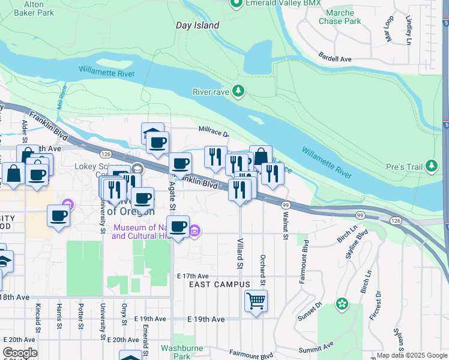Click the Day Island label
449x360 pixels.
[x=197, y=25]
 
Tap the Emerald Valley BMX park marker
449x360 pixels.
[x=236, y=4]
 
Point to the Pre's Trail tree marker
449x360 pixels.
[x=432, y=166]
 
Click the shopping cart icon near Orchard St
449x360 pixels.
[x=256, y=301]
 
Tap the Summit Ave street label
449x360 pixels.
[x=316, y=348]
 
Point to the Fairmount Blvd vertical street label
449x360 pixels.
[x=306, y=262]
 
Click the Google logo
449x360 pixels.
[x=20, y=353]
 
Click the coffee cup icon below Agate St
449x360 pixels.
[x=178, y=226]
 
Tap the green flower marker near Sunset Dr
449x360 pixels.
[x=342, y=304]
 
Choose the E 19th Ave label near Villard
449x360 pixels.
[x=206, y=319]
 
